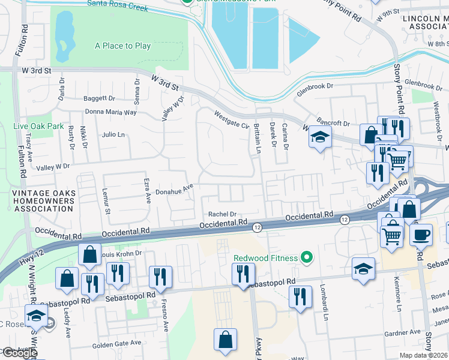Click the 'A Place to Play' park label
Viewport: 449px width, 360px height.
pyautogui.click(x=122, y=46)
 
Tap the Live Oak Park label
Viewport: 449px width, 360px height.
pyautogui.click(x=38, y=127)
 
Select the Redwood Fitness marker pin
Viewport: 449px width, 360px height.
pyautogui.click(x=307, y=258)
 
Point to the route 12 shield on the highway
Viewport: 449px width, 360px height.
pyautogui.click(x=257, y=227)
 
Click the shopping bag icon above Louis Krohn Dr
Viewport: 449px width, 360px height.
pyautogui.click(x=89, y=254)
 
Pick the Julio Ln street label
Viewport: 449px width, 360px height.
pyautogui.click(x=113, y=134)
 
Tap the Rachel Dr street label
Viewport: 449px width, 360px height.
pyautogui.click(x=223, y=214)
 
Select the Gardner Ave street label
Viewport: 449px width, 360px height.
pyautogui.click(x=407, y=332)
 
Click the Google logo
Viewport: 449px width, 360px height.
pyautogui.click(x=19, y=353)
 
